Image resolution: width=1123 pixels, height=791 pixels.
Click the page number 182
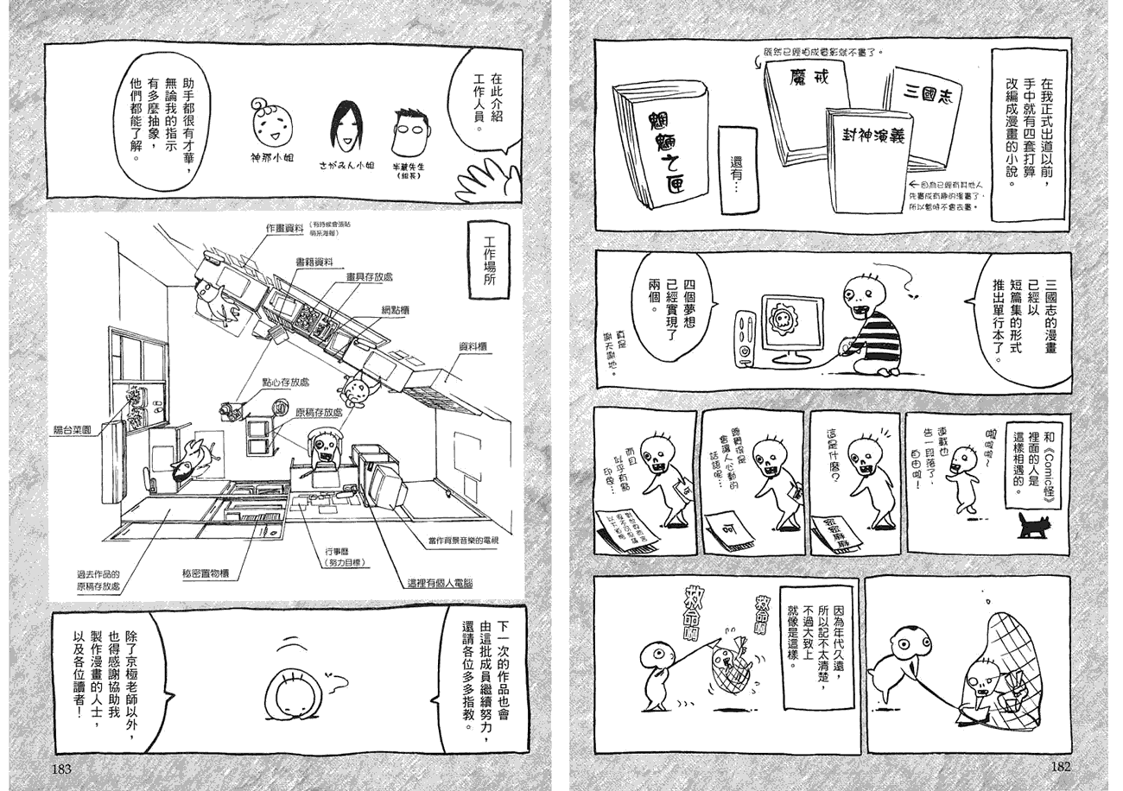click(x=1057, y=767)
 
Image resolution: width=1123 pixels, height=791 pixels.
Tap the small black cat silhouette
click(x=1032, y=523)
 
